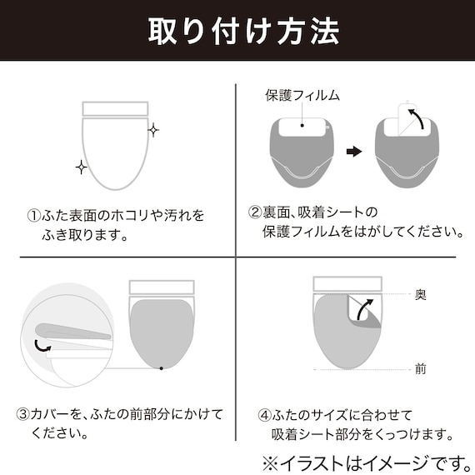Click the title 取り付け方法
(x=243, y=32)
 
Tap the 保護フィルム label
(x=302, y=95)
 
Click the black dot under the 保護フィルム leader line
(x=302, y=125)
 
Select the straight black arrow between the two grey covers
(x=354, y=151)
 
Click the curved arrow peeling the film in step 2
(x=417, y=118)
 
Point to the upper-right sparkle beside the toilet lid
(x=153, y=130)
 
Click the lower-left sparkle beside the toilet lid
(x=81, y=167)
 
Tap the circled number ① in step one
(x=34, y=216)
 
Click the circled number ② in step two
(x=255, y=212)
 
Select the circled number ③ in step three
(x=23, y=414)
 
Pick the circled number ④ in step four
(x=264, y=415)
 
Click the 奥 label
(x=421, y=294)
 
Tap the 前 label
(x=421, y=369)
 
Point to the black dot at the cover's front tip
(x=162, y=368)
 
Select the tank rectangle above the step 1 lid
(x=116, y=109)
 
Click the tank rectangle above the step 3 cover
(x=162, y=287)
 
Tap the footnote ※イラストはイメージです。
(x=367, y=462)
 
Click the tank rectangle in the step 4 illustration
(x=347, y=284)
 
